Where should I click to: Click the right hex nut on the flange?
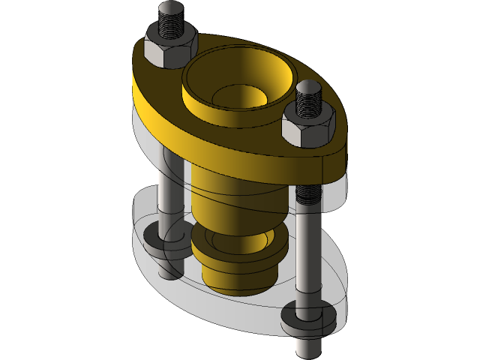pyautogui.click(x=307, y=127)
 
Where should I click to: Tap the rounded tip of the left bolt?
pyautogui.click(x=170, y=10)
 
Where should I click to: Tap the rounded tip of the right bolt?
pyautogui.click(x=308, y=89)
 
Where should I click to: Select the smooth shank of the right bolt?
pyautogui.click(x=307, y=262)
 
